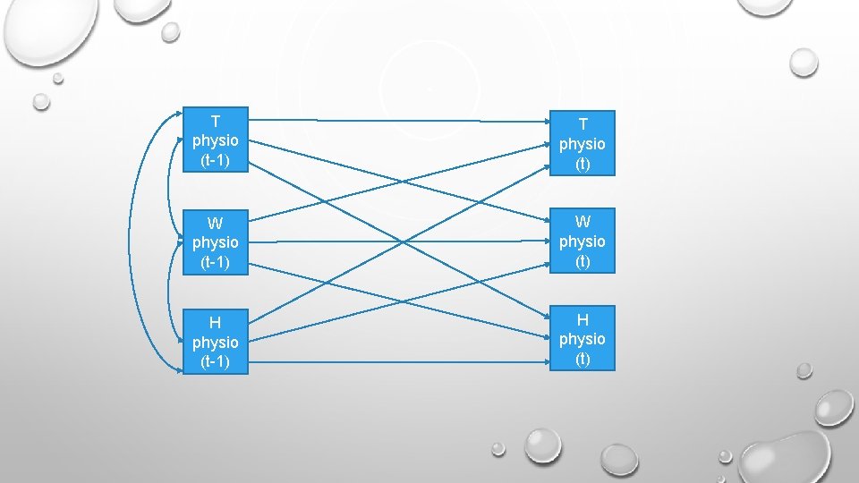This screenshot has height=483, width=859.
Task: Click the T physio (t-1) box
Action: point(215,140)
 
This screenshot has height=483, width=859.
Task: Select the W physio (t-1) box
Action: point(215,241)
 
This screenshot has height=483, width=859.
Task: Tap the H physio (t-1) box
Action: point(215,341)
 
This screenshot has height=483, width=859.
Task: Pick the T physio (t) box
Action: point(583,142)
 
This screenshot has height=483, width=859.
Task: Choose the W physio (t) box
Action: point(583,241)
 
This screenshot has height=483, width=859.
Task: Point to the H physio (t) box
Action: point(583,338)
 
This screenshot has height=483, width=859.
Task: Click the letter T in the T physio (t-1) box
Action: point(215,121)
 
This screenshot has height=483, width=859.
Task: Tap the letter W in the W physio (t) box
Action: point(583,221)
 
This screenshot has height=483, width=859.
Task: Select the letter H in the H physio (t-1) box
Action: point(215,322)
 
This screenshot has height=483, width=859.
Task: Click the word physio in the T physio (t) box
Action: point(583,143)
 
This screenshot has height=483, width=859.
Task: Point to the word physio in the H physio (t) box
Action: point(583,339)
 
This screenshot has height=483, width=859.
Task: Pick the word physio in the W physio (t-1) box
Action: point(215,241)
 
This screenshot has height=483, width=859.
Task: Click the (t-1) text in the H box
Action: point(215,361)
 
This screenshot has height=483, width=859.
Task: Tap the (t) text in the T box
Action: point(583,164)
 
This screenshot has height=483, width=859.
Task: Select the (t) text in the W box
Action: point(583,261)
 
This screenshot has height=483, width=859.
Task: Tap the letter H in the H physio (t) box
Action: point(583,319)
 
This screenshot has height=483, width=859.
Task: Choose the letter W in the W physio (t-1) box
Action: point(215,222)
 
